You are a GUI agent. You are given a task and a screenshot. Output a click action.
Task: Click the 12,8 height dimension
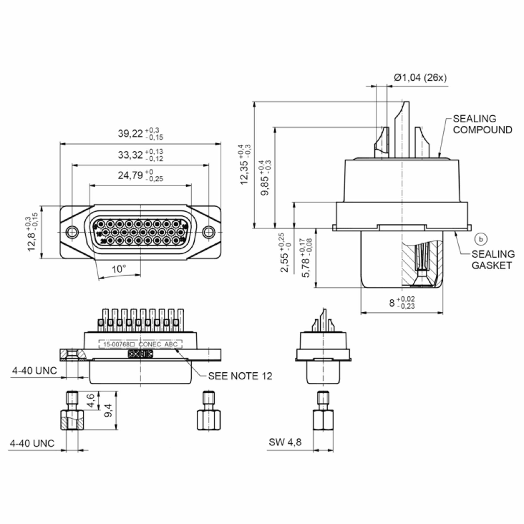pyautogui.click(x=32, y=239)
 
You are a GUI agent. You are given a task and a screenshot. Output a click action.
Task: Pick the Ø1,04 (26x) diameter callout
pyautogui.click(x=420, y=78)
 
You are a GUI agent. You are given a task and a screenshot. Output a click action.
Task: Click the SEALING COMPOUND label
pyautogui.click(x=483, y=124)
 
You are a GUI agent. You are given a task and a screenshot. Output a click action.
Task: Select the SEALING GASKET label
pyautogui.click(x=493, y=260)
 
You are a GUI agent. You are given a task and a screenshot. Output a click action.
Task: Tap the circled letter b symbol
pyautogui.click(x=481, y=239)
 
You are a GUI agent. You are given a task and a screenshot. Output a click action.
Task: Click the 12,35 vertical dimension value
pyautogui.click(x=244, y=172)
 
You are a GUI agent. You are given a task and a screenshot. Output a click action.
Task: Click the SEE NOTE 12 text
pyautogui.click(x=240, y=376)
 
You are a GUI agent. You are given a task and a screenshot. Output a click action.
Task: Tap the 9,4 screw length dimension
pyautogui.click(x=108, y=410)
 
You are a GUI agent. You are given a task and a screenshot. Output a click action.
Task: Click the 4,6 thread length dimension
pyautogui.click(x=91, y=401)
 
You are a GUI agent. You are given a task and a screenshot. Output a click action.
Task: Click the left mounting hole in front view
pyautogui.click(x=72, y=232)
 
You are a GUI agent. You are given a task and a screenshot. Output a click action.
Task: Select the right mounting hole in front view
pyautogui.click(x=209, y=232)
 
